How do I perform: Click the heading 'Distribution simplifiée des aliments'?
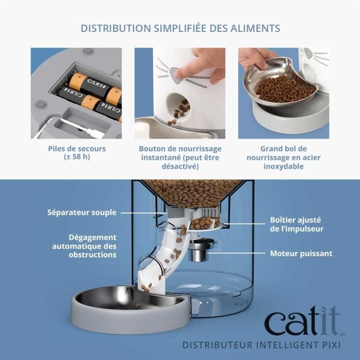pyautogui.click(x=179, y=28)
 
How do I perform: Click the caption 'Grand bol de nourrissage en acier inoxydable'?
pyautogui.click(x=283, y=157)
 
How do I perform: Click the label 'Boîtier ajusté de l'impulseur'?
pyautogui.click(x=296, y=224)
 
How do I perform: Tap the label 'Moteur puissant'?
pyautogui.click(x=301, y=254)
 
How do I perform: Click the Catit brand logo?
pyautogui.click(x=302, y=322)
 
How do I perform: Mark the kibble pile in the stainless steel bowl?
pyautogui.click(x=285, y=88)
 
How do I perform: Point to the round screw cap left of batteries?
pyautogui.click(x=41, y=104)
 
